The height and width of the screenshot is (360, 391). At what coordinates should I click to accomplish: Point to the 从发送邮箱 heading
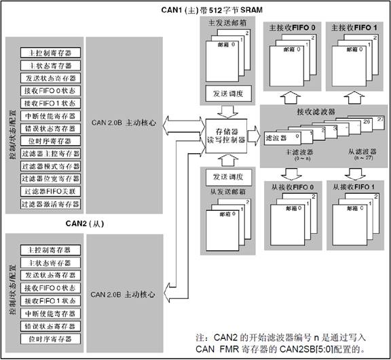tap(224, 191)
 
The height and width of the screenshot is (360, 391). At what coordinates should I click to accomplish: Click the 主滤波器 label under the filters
tap(284, 153)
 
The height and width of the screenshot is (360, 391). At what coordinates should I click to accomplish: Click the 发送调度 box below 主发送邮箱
tap(225, 92)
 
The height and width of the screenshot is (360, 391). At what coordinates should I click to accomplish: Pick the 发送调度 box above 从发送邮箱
tap(225, 176)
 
